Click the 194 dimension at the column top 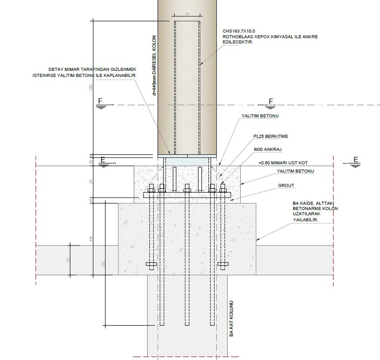point(187,14)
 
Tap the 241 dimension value point(91,182)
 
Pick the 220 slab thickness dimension point(68,260)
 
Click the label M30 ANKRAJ point(267,149)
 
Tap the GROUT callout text point(286,186)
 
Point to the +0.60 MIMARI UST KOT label point(283,163)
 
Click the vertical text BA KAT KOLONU point(231,319)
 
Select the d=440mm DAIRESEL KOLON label point(154,66)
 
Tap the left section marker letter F point(100,101)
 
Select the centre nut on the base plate point(187,189)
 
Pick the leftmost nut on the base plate point(151,189)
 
